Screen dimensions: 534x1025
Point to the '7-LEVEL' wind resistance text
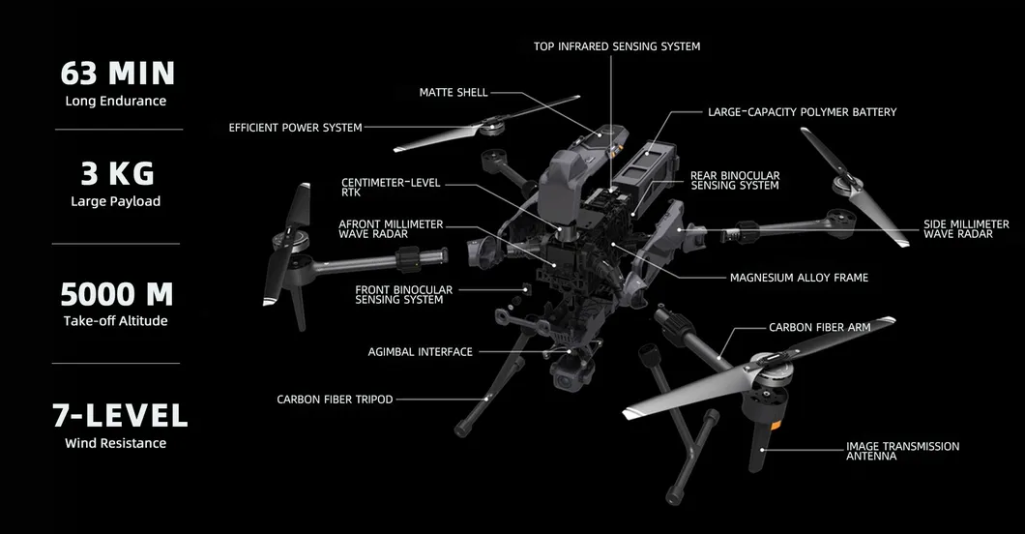coord(119,415)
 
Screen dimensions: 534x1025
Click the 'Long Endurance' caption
coord(115,101)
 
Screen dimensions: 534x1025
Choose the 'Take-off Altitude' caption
coord(115,320)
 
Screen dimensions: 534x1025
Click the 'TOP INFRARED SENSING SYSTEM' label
coord(617,46)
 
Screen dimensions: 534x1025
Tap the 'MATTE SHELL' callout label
coord(454,93)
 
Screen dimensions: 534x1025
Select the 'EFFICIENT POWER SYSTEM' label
coord(295,128)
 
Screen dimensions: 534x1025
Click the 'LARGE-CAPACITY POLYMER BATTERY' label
coord(802,112)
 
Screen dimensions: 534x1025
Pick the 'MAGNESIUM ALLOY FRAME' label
coord(799,278)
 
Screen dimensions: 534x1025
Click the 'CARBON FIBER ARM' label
coord(819,328)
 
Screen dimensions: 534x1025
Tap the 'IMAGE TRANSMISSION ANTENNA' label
coord(902,451)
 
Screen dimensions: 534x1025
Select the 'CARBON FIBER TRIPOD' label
coord(335,400)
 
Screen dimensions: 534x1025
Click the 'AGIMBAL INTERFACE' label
coord(420,352)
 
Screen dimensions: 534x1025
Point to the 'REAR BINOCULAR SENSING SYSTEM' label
coord(734,181)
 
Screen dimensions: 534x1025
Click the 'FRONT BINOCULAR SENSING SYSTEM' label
coord(403,295)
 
